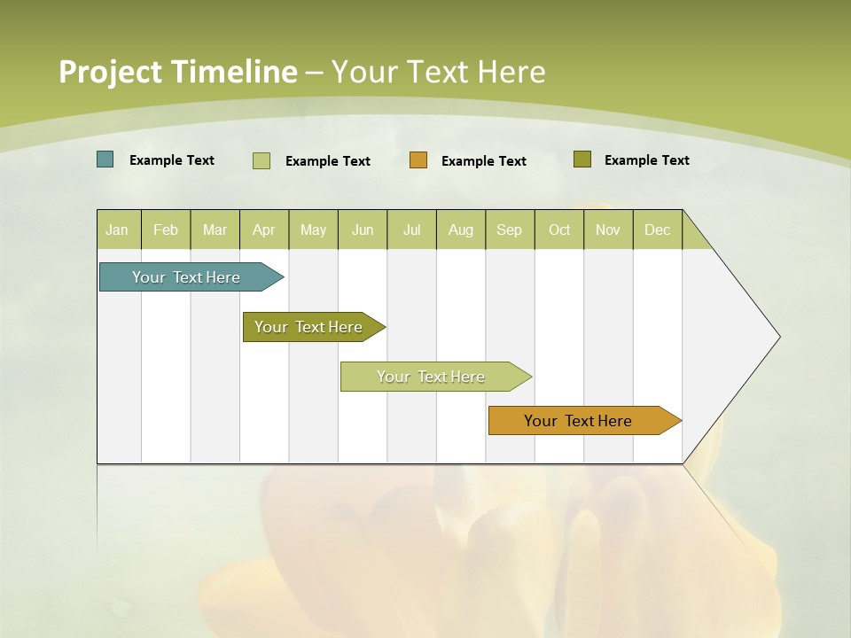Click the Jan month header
(x=118, y=230)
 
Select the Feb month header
(x=166, y=230)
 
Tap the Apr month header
(x=264, y=230)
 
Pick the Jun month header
(x=363, y=230)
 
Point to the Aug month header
(x=461, y=230)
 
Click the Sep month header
(x=510, y=230)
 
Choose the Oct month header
(x=559, y=230)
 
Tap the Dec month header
(x=658, y=230)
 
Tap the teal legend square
(x=105, y=159)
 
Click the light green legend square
(x=262, y=160)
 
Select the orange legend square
(x=418, y=159)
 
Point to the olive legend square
(x=582, y=159)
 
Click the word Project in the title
(x=110, y=72)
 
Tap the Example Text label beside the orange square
(x=484, y=160)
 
